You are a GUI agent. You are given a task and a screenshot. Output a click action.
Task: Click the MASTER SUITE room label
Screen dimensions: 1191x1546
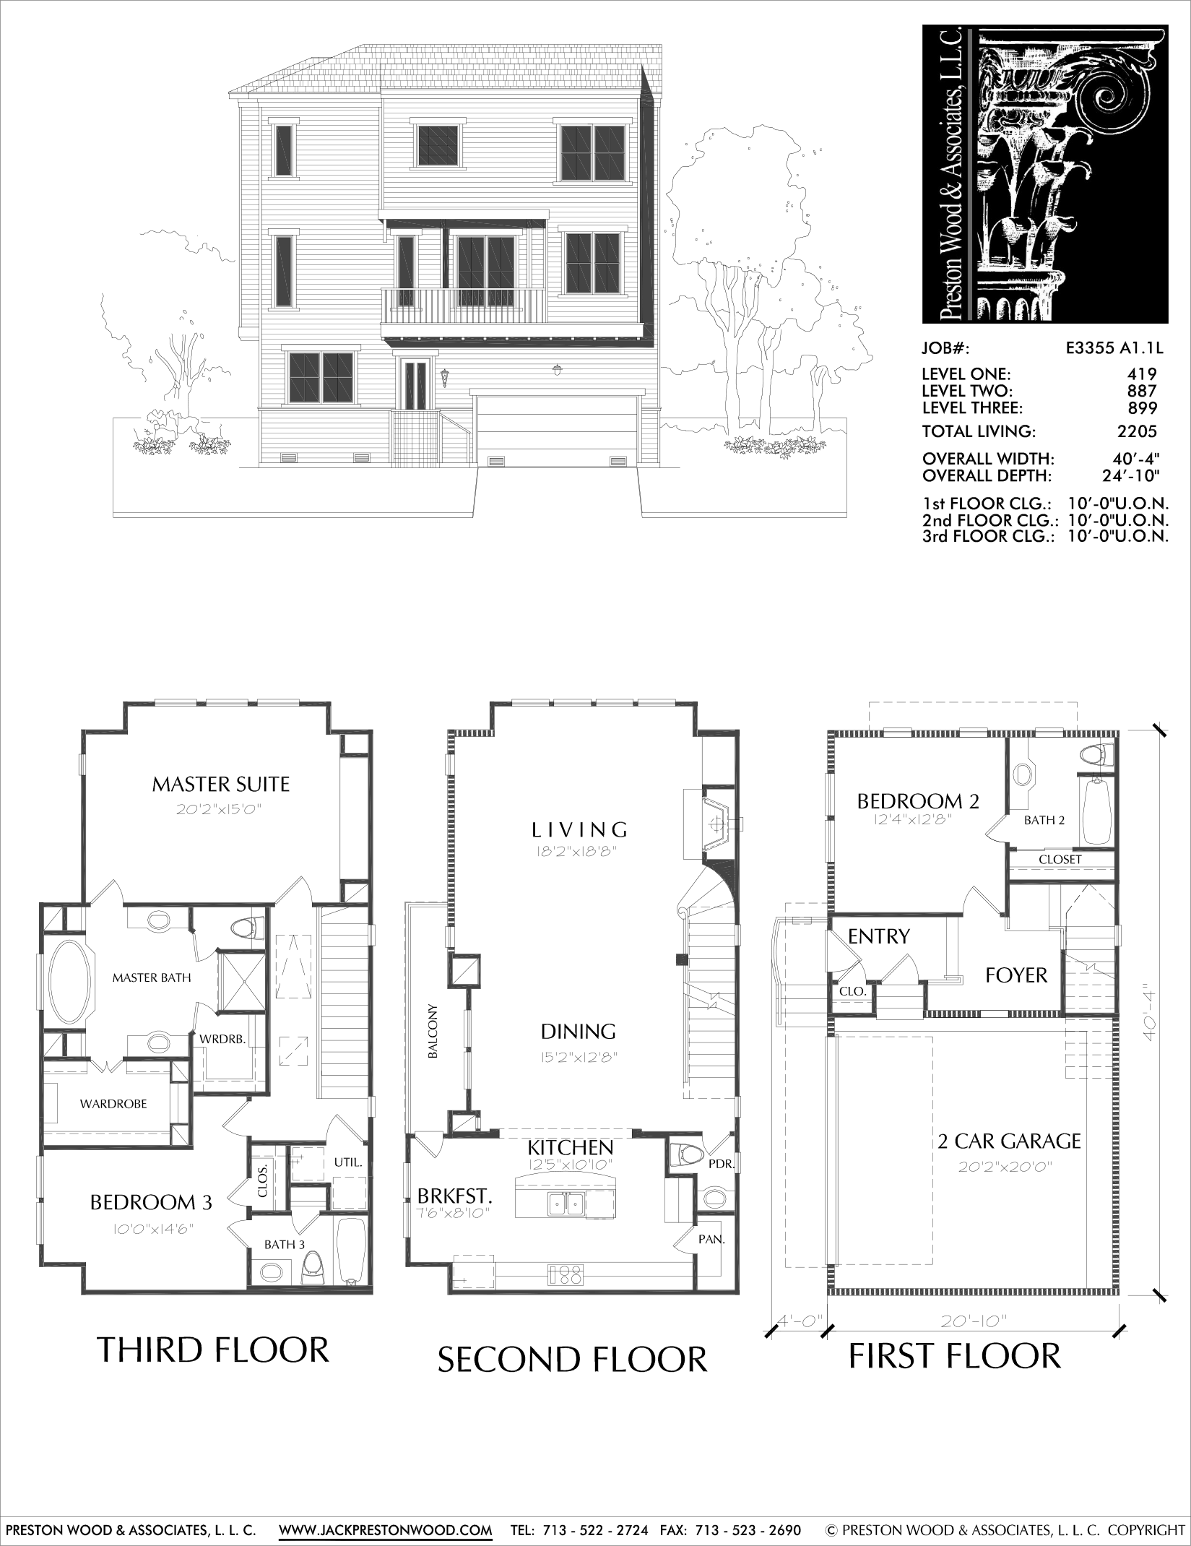coord(220,784)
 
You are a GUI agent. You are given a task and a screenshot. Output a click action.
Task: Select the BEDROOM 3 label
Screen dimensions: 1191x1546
coord(151,1202)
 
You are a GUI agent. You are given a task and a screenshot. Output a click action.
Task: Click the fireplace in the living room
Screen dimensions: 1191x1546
coord(715,822)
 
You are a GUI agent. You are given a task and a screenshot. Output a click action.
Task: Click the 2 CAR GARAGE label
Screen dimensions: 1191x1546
coord(1009,1141)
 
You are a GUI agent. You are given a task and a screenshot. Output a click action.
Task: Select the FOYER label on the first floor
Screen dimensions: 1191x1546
coord(1016,975)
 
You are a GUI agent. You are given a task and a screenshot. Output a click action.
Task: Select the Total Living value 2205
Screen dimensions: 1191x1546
coord(1138,431)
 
